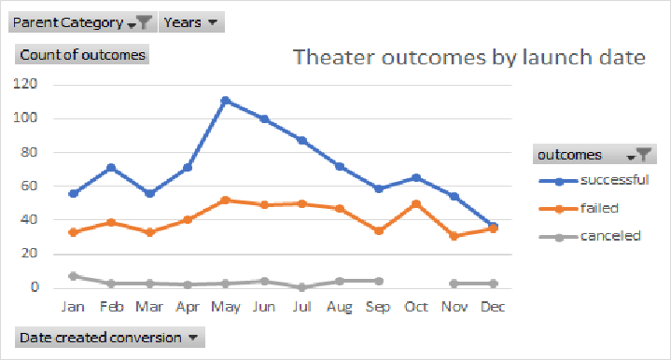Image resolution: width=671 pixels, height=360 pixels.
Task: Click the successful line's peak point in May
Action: coord(225,100)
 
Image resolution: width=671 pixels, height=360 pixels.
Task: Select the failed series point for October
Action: coord(415,203)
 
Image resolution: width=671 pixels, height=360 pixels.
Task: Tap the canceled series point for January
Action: coord(73,276)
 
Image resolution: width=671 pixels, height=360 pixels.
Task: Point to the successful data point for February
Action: coord(111,168)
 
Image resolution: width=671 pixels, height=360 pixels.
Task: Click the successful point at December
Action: coord(492,227)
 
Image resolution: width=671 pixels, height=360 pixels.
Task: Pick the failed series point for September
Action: coord(377,230)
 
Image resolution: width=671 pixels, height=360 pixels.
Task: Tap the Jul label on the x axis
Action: coord(301,306)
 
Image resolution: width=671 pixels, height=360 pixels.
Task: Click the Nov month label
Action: coord(454,306)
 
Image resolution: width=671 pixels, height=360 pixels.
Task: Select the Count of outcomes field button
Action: coord(82,54)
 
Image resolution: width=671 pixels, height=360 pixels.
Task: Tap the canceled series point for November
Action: coord(454,283)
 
